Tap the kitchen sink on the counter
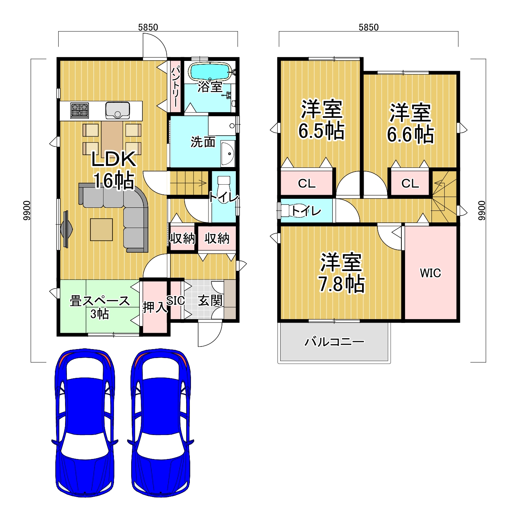(118, 110)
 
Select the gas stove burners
(80, 110)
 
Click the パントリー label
(175, 86)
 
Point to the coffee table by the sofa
(101, 229)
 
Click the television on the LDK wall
(66, 229)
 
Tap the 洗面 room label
(203, 142)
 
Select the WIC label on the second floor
(430, 273)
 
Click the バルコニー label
(334, 342)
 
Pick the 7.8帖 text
(341, 284)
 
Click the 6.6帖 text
(410, 135)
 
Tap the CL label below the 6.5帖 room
(306, 184)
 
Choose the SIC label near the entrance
(176, 300)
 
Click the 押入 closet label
(155, 307)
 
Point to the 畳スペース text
(100, 301)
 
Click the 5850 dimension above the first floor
(148, 27)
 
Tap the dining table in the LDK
(112, 138)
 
